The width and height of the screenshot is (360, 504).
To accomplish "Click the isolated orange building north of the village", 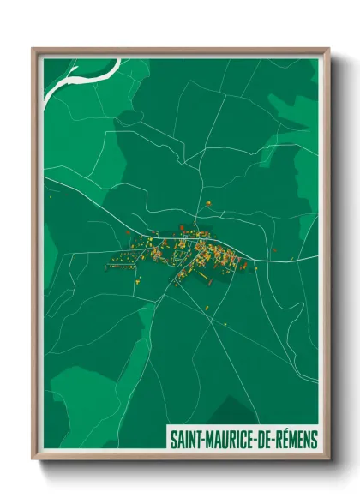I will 207,203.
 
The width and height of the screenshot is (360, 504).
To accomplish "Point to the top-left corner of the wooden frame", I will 33,49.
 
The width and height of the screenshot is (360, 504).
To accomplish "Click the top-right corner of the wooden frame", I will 328,49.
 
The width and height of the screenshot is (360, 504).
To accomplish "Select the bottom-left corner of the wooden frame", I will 33,461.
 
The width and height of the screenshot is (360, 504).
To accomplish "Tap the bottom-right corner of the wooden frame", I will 328,461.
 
